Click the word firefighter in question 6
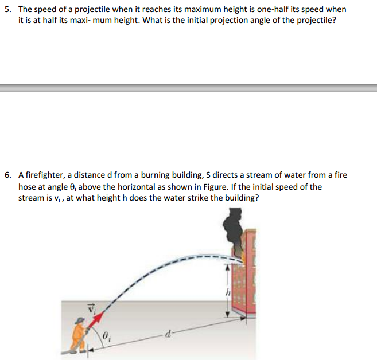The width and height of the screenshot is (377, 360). tap(45, 175)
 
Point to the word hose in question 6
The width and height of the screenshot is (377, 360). tap(28, 187)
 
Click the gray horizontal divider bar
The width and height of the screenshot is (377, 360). tap(188, 88)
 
